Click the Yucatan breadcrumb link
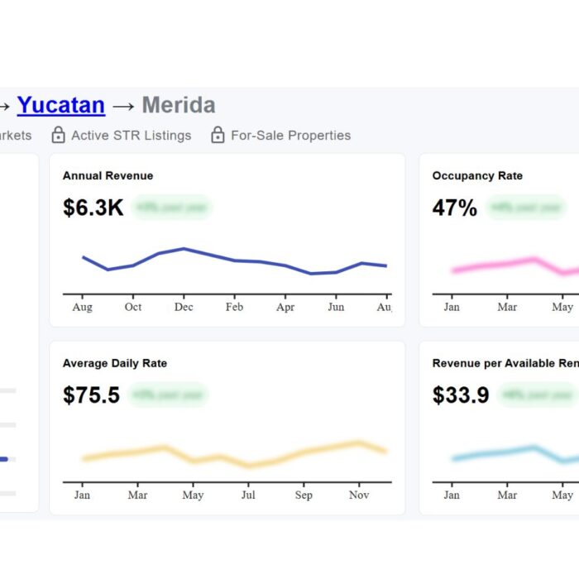click(x=60, y=105)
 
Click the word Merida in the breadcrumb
click(x=179, y=105)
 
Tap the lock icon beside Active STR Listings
click(x=58, y=135)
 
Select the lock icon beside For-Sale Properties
click(x=218, y=135)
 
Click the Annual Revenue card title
click(x=108, y=175)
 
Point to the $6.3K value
click(x=93, y=208)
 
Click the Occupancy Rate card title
click(x=477, y=175)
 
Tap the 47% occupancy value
click(x=454, y=208)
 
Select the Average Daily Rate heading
click(x=115, y=363)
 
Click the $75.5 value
click(x=91, y=395)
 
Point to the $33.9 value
click(x=461, y=395)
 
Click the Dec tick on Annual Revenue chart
click(x=184, y=307)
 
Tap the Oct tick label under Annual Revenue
click(x=133, y=307)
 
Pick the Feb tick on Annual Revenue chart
click(x=234, y=307)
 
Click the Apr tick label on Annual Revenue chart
click(x=285, y=307)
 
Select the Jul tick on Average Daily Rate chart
click(x=248, y=495)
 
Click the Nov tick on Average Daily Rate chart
click(x=359, y=495)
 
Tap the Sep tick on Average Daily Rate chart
click(x=304, y=495)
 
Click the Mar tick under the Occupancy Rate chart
click(x=507, y=307)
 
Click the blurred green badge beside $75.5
click(x=169, y=395)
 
